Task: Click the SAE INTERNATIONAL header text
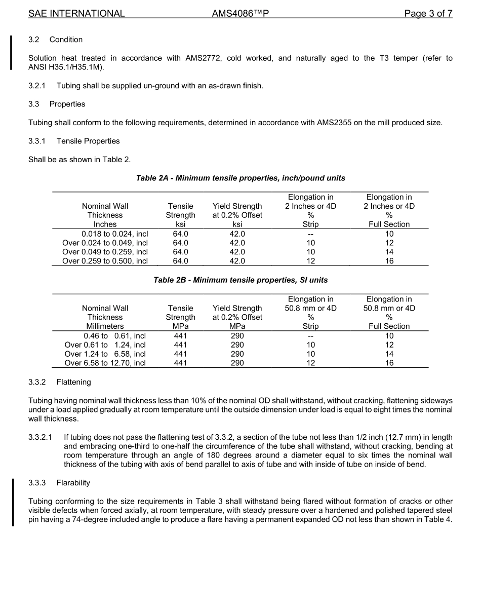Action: (x=76, y=14)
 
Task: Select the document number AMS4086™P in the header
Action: (x=240, y=14)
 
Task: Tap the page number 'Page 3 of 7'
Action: (x=428, y=14)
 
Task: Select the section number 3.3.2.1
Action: (x=41, y=437)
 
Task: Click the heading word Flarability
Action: (x=73, y=483)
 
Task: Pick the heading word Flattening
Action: (x=74, y=382)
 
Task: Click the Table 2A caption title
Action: (x=240, y=178)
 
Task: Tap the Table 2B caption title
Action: (x=240, y=280)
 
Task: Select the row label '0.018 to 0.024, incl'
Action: (x=114, y=234)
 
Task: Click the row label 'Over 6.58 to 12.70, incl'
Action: (x=105, y=363)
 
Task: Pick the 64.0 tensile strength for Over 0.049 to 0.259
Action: (x=181, y=252)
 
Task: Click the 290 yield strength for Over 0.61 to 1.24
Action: (x=237, y=345)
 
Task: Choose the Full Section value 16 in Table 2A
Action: (x=389, y=261)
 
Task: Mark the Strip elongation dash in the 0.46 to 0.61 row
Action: (x=310, y=335)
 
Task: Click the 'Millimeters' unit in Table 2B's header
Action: (x=105, y=326)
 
